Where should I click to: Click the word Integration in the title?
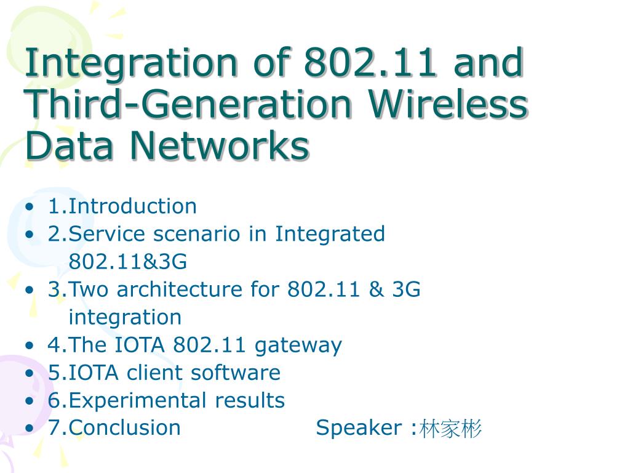[132, 63]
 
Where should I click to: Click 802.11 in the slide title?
[370, 62]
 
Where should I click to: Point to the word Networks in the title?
[220, 145]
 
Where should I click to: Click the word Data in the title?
[69, 145]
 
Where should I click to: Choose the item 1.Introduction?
[122, 206]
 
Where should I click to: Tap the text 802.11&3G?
[128, 261]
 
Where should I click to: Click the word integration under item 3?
[125, 317]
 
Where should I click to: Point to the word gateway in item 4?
[298, 346]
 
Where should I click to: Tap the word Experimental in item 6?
[137, 400]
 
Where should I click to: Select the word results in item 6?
[250, 400]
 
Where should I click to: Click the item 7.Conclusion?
[114, 427]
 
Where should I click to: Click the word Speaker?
[359, 428]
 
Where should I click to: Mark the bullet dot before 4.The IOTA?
[30, 346]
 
